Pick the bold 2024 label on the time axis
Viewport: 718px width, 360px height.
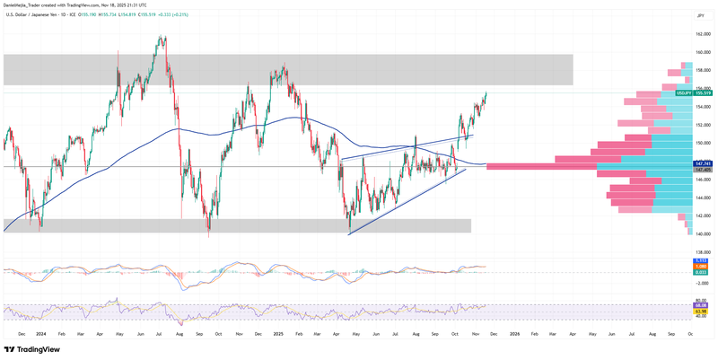(41, 333)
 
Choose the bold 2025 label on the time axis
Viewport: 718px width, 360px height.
(278, 333)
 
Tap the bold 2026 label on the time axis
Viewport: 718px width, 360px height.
(514, 333)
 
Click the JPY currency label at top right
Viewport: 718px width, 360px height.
(699, 16)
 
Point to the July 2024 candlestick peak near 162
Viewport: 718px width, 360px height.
(162, 38)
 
